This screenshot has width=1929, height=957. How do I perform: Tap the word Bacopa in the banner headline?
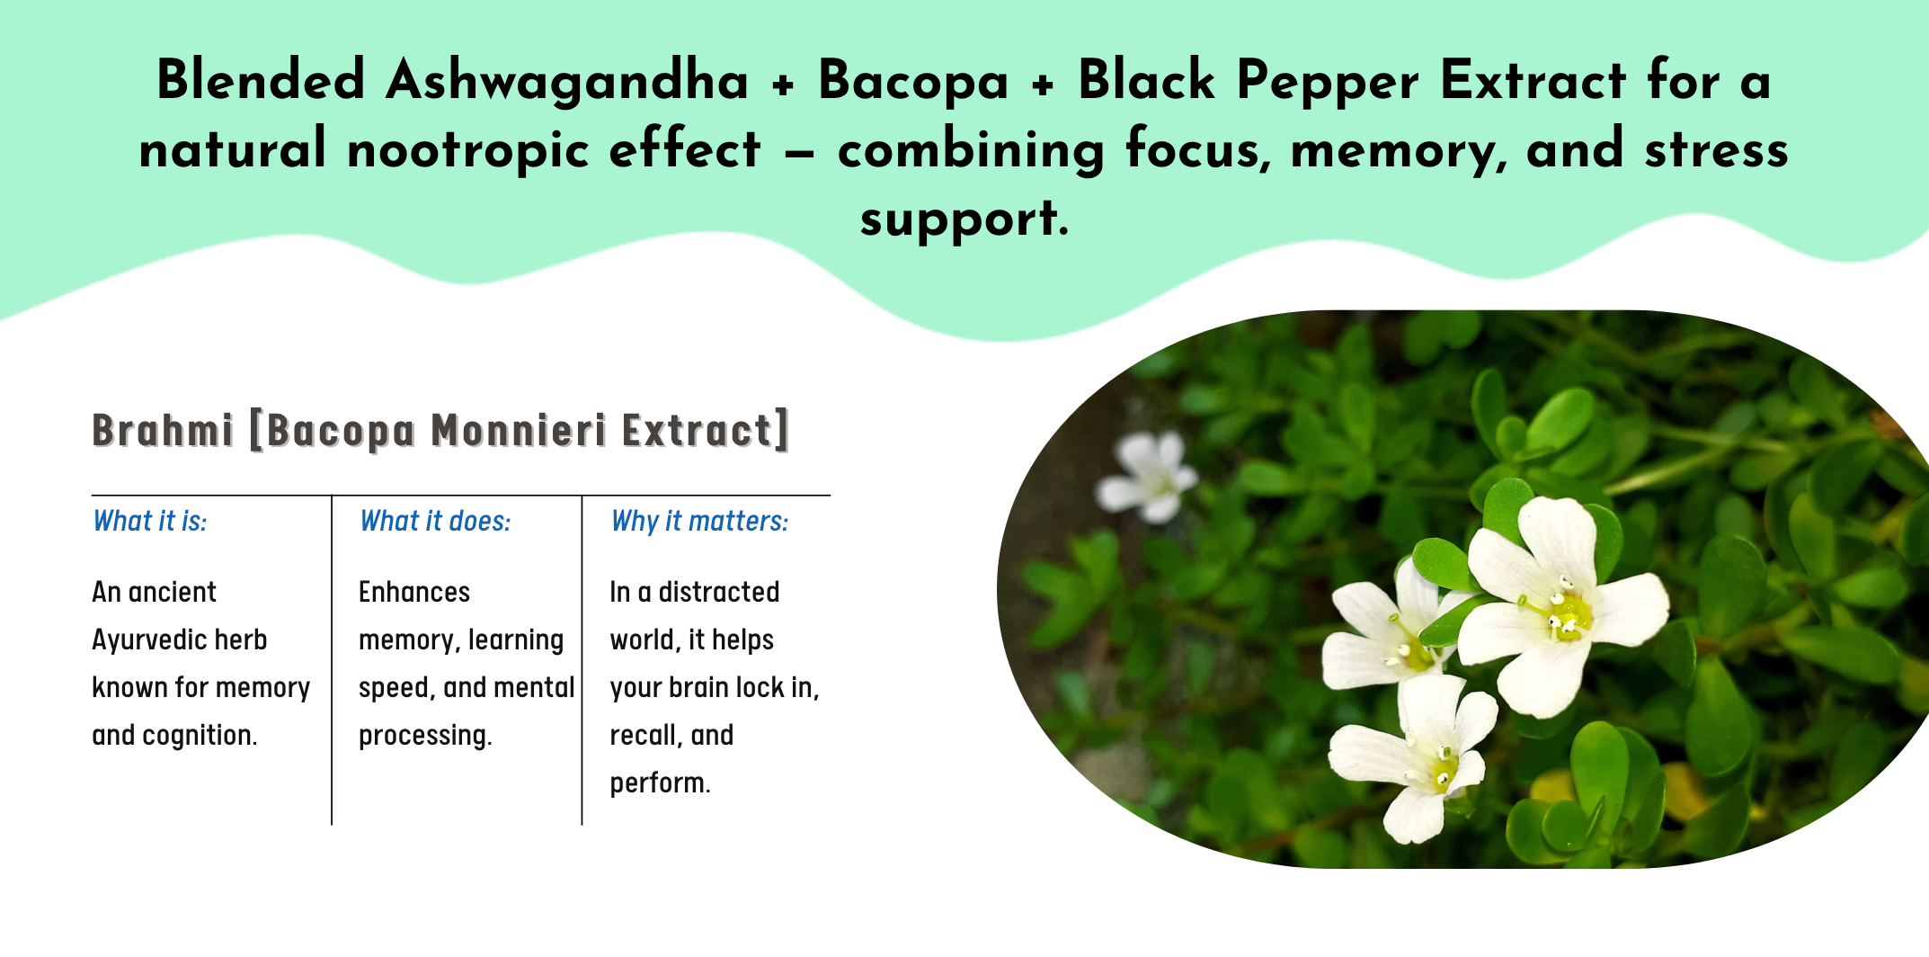(x=912, y=81)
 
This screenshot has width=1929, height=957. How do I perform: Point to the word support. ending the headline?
(x=964, y=219)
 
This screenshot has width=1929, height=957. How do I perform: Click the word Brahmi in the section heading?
(x=163, y=430)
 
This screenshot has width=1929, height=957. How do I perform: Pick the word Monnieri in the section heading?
(x=519, y=430)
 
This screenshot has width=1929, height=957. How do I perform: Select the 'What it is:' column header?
(x=150, y=522)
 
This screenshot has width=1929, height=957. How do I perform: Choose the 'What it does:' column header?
(x=435, y=522)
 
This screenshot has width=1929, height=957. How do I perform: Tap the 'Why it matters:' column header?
(x=699, y=522)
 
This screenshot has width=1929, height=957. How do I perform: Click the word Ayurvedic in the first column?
(x=180, y=640)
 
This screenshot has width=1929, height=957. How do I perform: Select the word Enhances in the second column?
(x=414, y=592)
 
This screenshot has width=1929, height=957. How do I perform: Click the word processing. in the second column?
(x=425, y=737)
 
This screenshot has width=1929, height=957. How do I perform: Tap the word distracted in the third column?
(x=719, y=592)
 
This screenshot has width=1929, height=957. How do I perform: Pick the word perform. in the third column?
(x=660, y=783)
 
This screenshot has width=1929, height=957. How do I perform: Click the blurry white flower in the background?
(x=1148, y=475)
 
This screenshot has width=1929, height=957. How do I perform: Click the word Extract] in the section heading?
(x=706, y=430)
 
